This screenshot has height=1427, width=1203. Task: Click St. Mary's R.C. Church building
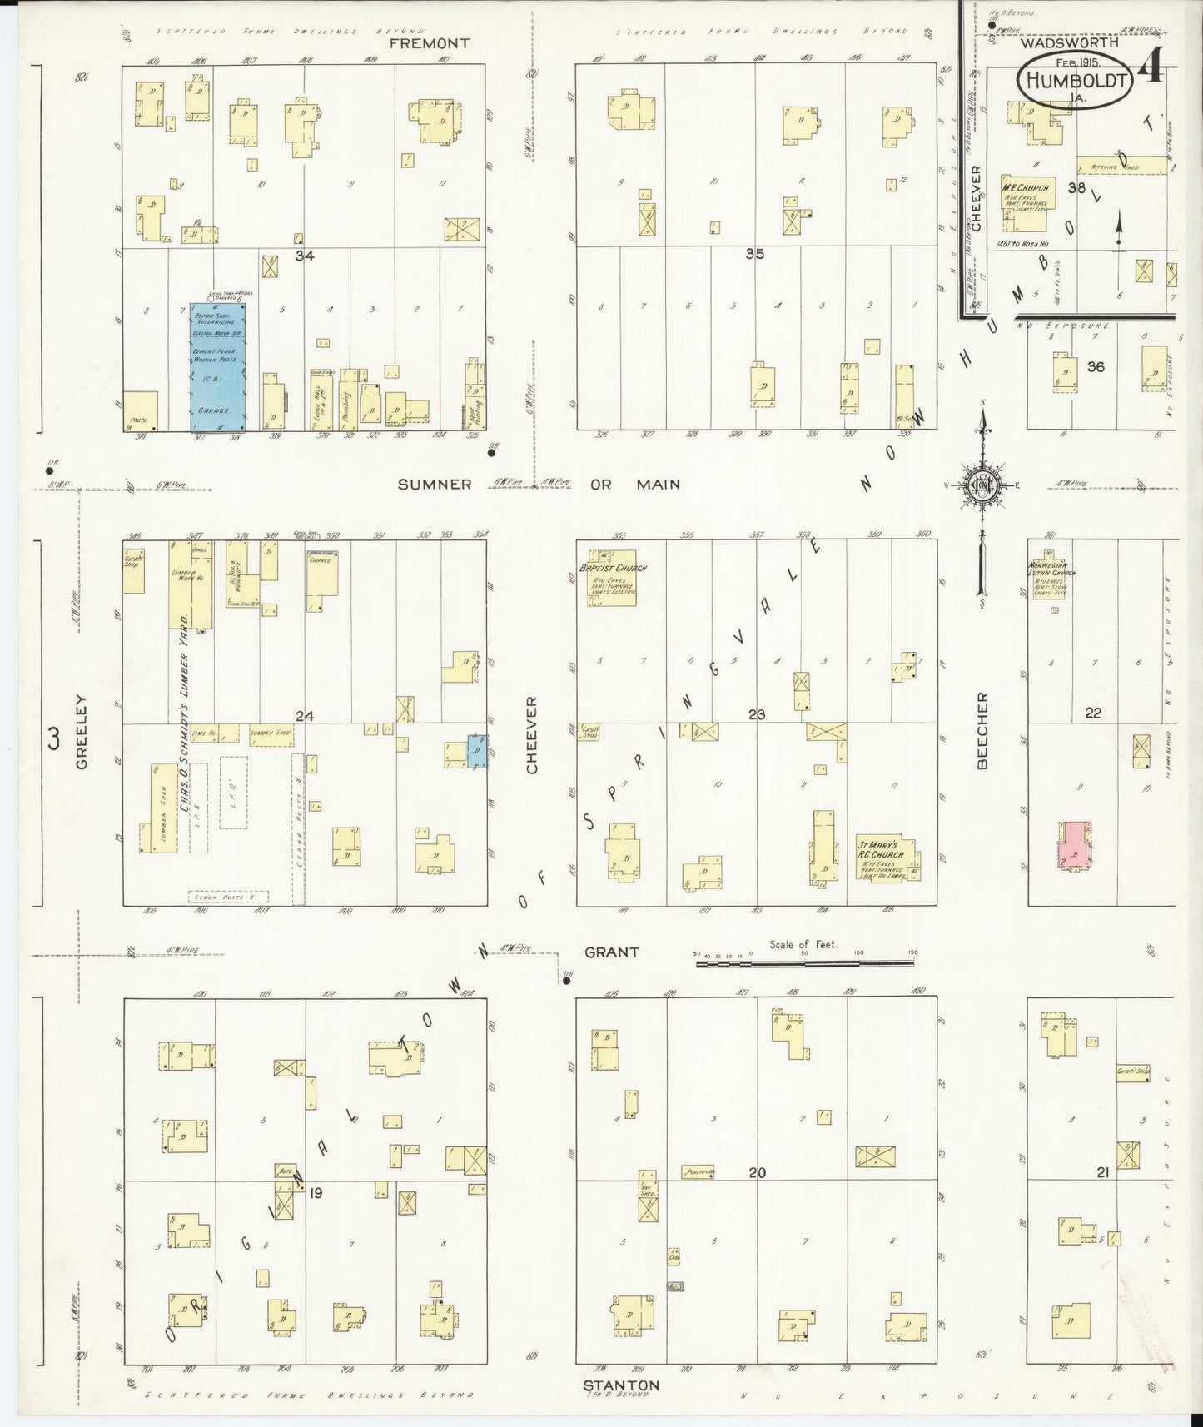pyautogui.click(x=886, y=858)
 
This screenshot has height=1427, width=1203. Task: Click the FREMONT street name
pyautogui.click(x=433, y=42)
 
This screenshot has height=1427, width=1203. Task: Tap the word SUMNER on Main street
pyautogui.click(x=435, y=484)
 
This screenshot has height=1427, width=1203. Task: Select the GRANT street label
pyautogui.click(x=611, y=952)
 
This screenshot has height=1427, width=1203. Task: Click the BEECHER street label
pyautogui.click(x=982, y=731)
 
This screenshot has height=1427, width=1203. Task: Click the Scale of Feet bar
pyautogui.click(x=804, y=963)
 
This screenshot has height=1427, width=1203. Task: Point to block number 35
pyautogui.click(x=754, y=255)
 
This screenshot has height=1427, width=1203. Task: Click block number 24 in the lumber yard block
pyautogui.click(x=305, y=716)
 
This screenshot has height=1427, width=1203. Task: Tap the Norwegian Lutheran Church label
pyautogui.click(x=1051, y=573)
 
